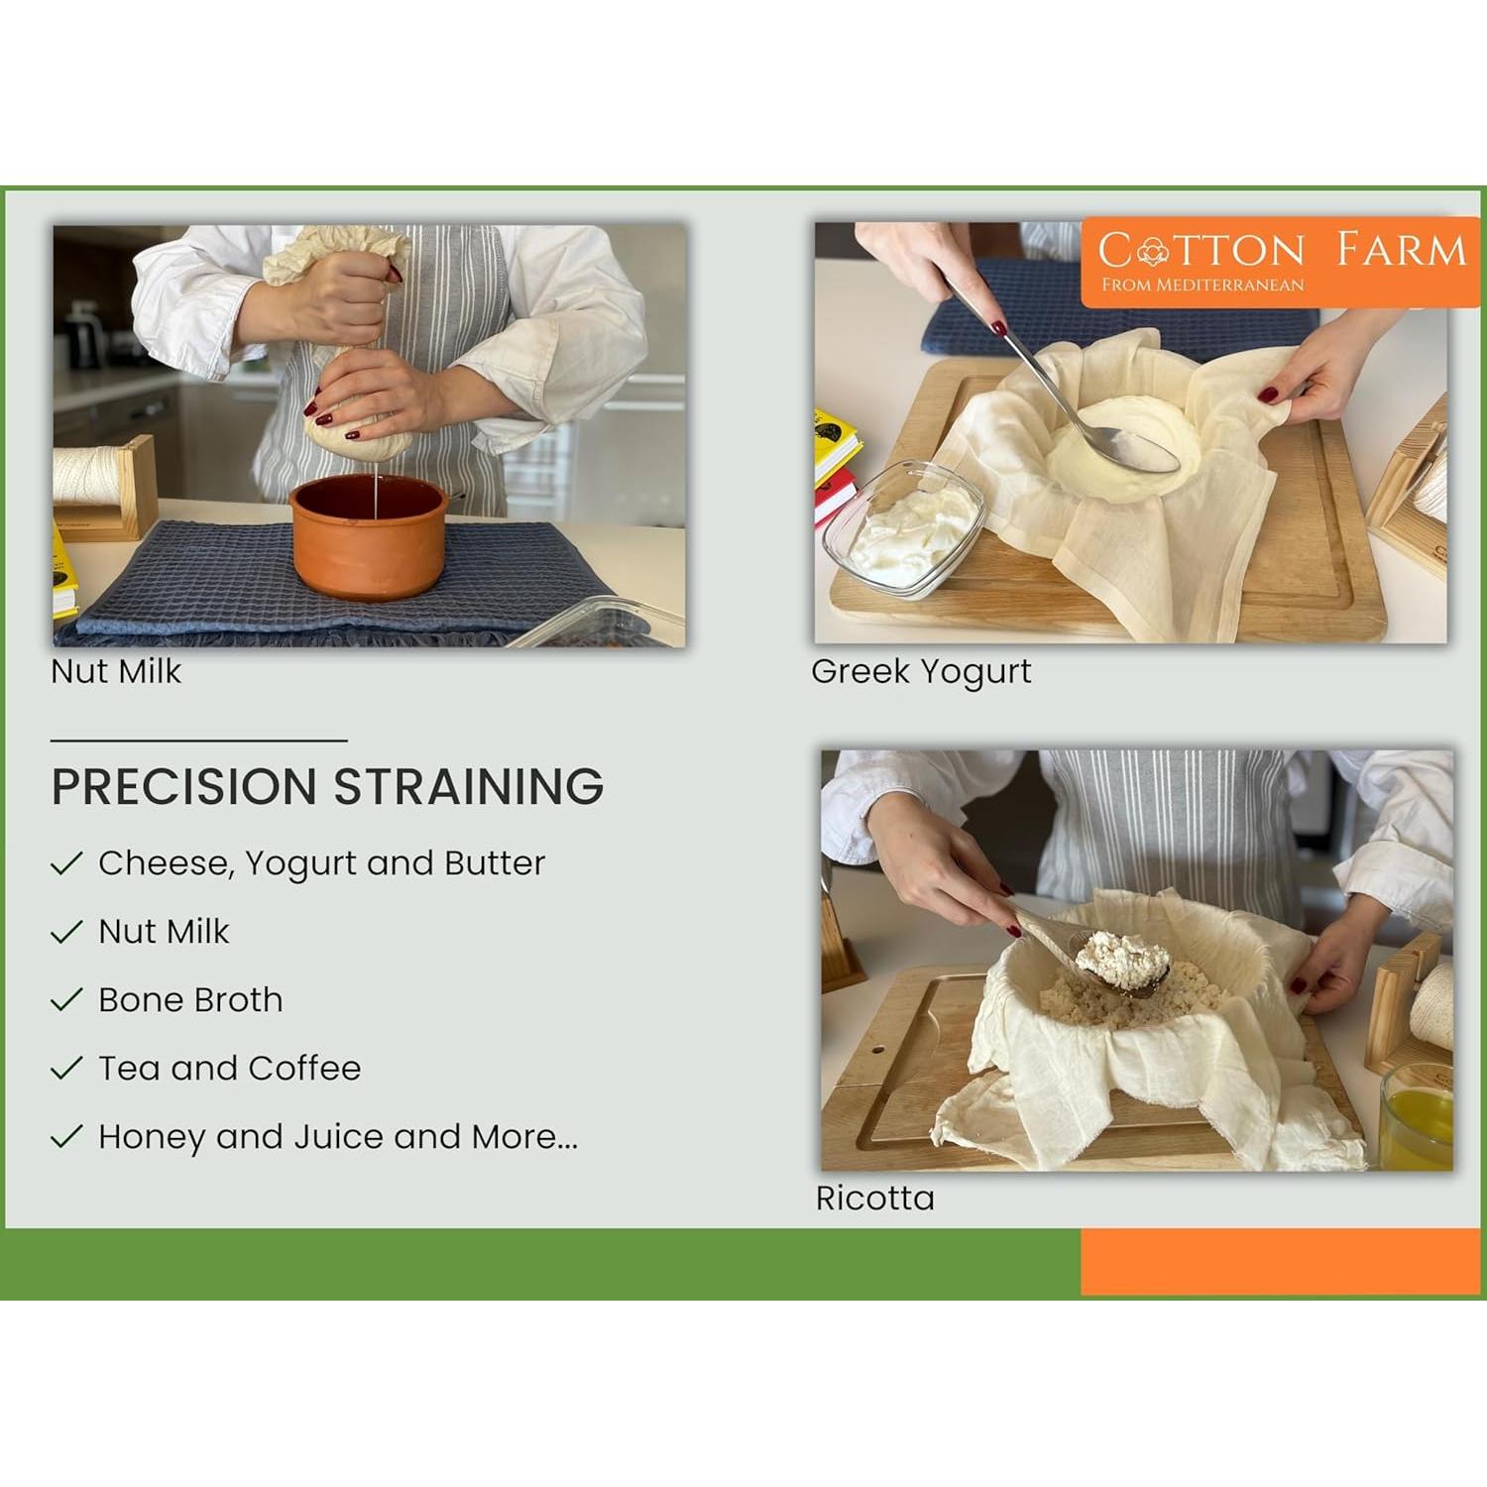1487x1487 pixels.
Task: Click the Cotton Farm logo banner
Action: click(1280, 262)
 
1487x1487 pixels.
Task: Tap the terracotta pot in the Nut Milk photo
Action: click(369, 536)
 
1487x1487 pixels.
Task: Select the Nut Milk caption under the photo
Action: click(116, 671)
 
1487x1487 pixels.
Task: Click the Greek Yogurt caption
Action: click(921, 672)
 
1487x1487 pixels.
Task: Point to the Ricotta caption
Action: click(874, 1198)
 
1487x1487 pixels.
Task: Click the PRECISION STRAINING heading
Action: click(327, 786)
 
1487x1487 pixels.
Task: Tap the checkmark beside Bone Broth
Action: click(66, 999)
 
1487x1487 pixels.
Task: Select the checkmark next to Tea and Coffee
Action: click(66, 1068)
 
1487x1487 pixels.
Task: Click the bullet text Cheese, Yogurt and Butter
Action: click(321, 863)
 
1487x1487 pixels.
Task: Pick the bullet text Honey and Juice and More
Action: click(338, 1136)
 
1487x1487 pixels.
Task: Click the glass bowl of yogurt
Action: click(902, 530)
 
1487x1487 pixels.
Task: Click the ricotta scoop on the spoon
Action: click(1122, 954)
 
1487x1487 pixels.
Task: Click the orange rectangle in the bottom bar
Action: click(1280, 1261)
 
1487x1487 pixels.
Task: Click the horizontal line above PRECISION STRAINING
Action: click(198, 740)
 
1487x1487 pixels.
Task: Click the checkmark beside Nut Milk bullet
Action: click(66, 932)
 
